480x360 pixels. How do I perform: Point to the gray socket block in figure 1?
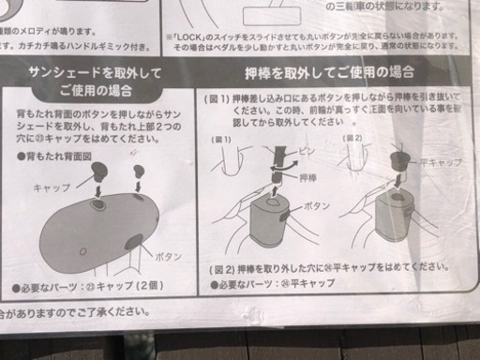click(274, 225)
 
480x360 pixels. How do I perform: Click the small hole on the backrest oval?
click(82, 250)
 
